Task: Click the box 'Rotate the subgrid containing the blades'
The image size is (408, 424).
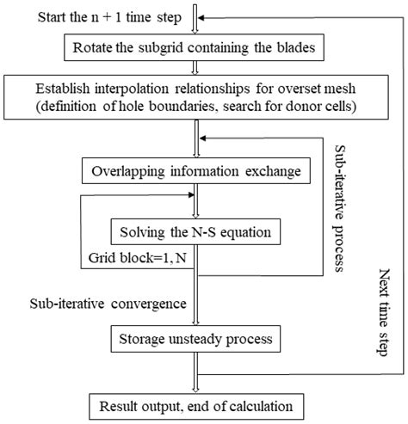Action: pyautogui.click(x=196, y=46)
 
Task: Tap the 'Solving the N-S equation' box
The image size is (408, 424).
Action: pyautogui.click(x=196, y=231)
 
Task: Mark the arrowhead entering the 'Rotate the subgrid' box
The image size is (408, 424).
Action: pyautogui.click(x=197, y=29)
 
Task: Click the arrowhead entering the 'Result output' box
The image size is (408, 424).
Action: pyautogui.click(x=197, y=388)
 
